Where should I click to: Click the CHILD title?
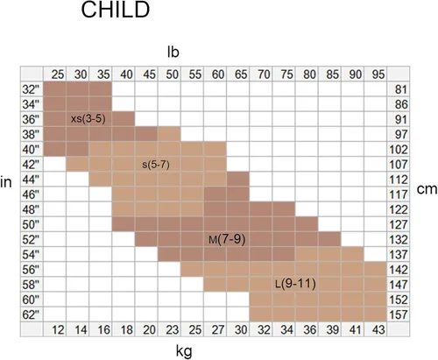coord(116,10)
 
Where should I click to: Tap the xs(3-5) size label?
coord(88,119)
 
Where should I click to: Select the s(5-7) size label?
coord(156,165)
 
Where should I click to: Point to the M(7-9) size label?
coord(227,240)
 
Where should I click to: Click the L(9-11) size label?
coord(295,284)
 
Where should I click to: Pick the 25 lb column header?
coord(58,74)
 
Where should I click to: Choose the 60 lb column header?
coord(218,74)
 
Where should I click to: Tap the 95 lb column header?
coord(378,74)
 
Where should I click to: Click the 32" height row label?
coord(31,89)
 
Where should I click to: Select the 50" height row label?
coord(31,224)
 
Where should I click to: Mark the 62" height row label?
coord(31,314)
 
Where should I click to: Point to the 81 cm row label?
coord(401,89)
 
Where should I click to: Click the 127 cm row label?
coord(399,224)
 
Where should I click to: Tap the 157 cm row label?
coord(399,314)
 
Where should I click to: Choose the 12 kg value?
coord(58,330)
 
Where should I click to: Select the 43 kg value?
coord(378,330)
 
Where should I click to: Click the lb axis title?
coord(173,52)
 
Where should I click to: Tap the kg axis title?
coord(184,350)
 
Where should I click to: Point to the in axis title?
coord(6,182)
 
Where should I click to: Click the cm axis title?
coord(427,189)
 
